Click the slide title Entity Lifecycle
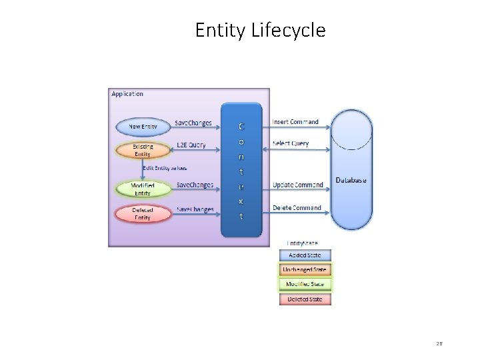pos(260,30)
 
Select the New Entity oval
pos(143,127)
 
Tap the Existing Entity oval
pos(143,150)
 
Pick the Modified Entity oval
pos(143,189)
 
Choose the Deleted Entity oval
pos(143,213)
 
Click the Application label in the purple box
pos(127,94)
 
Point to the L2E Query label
pos(191,145)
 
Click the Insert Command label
pos(295,122)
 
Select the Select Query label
pos(291,143)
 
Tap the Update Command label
pos(297,185)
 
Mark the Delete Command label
pos(297,208)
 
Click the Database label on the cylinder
pos(351,180)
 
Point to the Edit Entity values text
pos(165,168)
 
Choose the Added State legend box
pos(305,255)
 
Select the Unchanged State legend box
pos(305,269)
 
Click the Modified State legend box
pos(305,284)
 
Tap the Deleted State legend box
pos(305,299)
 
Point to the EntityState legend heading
pos(302,243)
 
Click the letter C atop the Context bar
pos(241,125)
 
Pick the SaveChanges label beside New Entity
pos(193,123)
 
